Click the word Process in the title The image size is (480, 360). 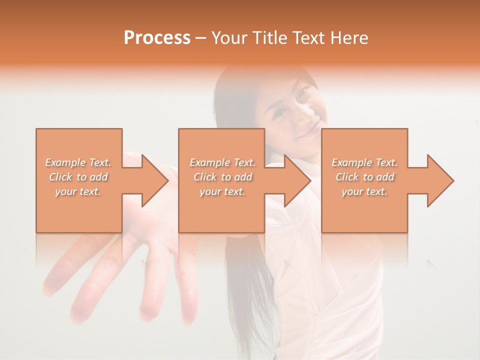157,38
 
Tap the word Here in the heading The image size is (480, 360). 350,38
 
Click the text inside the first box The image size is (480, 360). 78,177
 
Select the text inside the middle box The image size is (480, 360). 222,177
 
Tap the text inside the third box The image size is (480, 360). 364,177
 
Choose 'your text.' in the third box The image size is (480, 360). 364,191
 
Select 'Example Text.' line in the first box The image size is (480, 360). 78,162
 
